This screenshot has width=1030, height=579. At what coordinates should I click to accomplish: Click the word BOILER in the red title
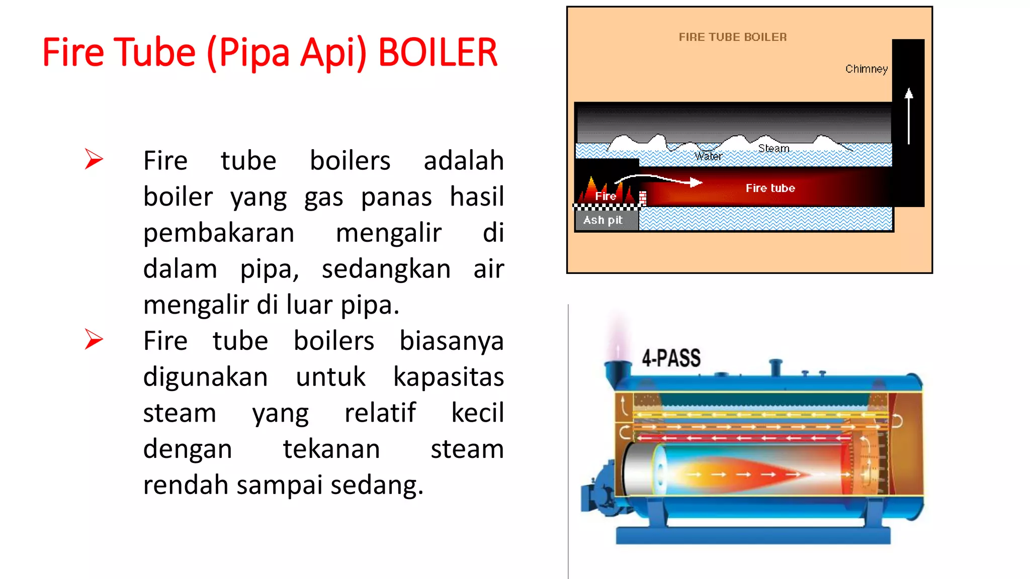tap(438, 52)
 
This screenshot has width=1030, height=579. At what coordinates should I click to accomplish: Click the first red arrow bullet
tap(94, 159)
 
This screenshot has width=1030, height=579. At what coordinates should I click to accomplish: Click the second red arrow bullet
tap(94, 339)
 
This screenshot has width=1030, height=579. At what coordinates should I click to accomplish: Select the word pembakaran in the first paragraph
tap(219, 233)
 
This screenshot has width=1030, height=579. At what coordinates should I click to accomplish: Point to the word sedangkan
tap(386, 269)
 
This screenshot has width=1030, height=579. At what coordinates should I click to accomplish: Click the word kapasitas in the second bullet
tap(448, 377)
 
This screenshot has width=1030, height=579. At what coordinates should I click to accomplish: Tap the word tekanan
tap(331, 449)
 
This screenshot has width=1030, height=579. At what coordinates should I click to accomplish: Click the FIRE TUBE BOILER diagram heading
tap(732, 37)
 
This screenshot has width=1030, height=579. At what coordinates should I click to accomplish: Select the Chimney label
tap(866, 69)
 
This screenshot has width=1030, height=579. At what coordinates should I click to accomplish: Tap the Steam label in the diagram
tap(774, 148)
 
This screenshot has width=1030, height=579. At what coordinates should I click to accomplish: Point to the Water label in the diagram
tap(708, 156)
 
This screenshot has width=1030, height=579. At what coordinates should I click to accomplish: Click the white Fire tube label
tap(770, 188)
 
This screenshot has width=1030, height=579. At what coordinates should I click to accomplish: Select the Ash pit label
tap(603, 220)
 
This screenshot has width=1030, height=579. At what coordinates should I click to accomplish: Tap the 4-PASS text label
tap(671, 358)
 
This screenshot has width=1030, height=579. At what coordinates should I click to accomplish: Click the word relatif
tap(380, 413)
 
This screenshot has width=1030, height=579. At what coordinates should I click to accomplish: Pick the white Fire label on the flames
tap(606, 196)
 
